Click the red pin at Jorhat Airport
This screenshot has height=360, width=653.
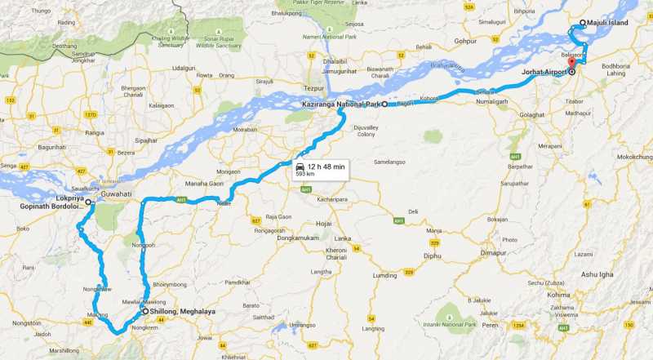[571, 63]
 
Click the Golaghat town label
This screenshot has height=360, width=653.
[531, 115]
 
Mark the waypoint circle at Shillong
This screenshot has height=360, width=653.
[144, 311]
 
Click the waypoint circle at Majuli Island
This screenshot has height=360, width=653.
[582, 23]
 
